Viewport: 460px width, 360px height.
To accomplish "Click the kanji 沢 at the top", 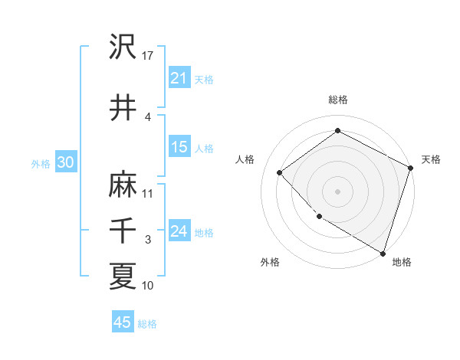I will [x=123, y=47].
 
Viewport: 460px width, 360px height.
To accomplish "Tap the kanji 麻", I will [x=123, y=185].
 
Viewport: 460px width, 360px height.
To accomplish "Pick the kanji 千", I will [x=123, y=230].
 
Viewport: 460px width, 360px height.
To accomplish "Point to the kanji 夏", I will [x=123, y=276].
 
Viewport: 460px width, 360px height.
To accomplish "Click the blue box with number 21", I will [x=179, y=78].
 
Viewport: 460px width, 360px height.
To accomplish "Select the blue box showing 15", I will [x=179, y=147].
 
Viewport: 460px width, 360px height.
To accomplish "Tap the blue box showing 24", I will [x=179, y=231].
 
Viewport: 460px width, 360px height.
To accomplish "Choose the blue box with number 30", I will [x=65, y=162].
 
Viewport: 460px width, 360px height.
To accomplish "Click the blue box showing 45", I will [x=123, y=322].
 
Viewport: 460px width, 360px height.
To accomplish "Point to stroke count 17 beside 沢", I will [x=148, y=55].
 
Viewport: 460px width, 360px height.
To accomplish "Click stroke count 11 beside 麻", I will [x=148, y=193].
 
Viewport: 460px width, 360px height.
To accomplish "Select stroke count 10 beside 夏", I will [x=148, y=285].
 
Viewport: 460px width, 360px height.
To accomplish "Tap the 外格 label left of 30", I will [x=41, y=163].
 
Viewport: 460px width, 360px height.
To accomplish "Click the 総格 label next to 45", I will [x=147, y=324].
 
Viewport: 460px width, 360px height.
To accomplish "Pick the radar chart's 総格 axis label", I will [x=337, y=100].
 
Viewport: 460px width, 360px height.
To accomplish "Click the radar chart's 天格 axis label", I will [x=431, y=159].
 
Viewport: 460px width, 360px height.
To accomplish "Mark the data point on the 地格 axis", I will [x=383, y=253].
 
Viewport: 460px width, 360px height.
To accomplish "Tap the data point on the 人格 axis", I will [x=280, y=172].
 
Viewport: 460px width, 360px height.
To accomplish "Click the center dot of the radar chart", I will [x=337, y=191].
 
